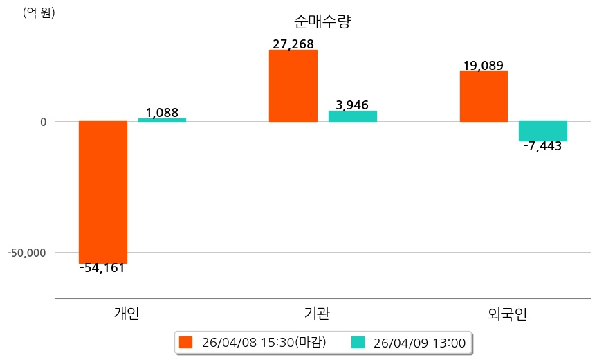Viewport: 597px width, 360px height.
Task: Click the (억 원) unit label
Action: pyautogui.click(x=39, y=12)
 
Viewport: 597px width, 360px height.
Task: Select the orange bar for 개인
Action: pyautogui.click(x=103, y=192)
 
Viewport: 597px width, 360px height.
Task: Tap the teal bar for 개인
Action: pyautogui.click(x=162, y=120)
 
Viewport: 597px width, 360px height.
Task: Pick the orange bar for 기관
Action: pyautogui.click(x=293, y=86)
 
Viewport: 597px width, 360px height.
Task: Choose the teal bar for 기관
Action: pyautogui.click(x=352, y=116)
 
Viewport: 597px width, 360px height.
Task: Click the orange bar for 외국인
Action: pyautogui.click(x=484, y=96)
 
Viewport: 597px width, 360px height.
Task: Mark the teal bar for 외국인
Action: pyautogui.click(x=543, y=131)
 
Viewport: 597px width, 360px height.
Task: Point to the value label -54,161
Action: pyautogui.click(x=102, y=268)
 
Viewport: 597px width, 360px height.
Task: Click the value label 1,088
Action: pyautogui.click(x=162, y=111)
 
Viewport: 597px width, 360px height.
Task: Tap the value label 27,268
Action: pyautogui.click(x=293, y=44)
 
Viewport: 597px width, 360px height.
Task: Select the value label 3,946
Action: pyautogui.click(x=352, y=105)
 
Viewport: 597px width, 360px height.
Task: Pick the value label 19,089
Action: pyautogui.click(x=483, y=66)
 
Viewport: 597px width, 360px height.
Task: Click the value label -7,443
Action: pyautogui.click(x=543, y=146)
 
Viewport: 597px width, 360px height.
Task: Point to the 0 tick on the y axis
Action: pyautogui.click(x=43, y=122)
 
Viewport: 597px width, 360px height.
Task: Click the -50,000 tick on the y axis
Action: pyautogui.click(x=27, y=252)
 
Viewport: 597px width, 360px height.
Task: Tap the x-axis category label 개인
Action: pyautogui.click(x=126, y=314)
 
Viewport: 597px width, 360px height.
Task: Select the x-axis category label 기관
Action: pyautogui.click(x=317, y=314)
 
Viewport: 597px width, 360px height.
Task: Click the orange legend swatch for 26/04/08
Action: pyautogui.click(x=185, y=342)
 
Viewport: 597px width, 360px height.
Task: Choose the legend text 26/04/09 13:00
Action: pyautogui.click(x=419, y=342)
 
